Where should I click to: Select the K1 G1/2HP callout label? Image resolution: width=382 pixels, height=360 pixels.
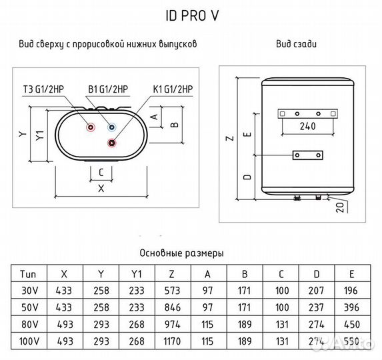point(173,89)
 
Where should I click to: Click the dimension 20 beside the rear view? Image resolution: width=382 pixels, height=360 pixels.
point(359,205)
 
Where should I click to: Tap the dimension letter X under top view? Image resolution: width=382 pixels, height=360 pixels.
point(101,188)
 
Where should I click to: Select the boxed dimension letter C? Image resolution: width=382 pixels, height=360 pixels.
point(100,172)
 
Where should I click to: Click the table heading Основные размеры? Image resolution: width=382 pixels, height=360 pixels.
point(181,253)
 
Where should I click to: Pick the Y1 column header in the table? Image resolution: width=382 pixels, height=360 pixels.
point(137,274)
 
